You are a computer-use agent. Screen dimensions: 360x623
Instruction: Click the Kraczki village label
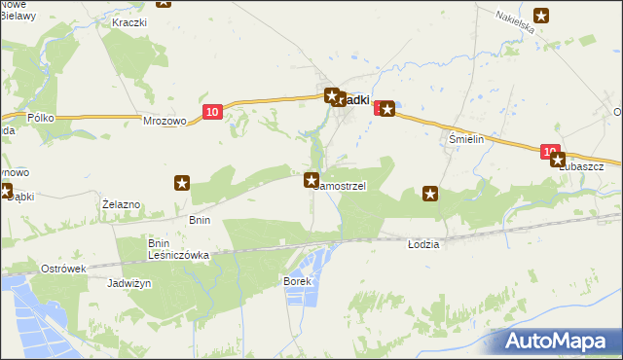pos(128,21)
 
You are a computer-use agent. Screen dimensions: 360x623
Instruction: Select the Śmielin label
pos(466,139)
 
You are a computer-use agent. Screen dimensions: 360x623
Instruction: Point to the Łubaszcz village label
pos(581,166)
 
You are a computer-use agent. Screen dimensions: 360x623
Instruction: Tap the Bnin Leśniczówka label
pos(171,249)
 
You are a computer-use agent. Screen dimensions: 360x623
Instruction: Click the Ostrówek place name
pos(64,268)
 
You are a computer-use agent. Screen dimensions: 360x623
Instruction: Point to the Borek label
pos(296,281)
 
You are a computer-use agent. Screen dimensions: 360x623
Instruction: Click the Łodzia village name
pos(423,244)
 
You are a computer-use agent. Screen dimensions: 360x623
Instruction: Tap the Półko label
pos(40,118)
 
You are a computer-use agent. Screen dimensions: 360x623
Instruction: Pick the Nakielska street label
pos(515,22)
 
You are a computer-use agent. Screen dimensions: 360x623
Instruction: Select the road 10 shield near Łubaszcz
pos(552,151)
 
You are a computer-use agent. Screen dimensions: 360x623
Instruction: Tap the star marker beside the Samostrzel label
pos(311,180)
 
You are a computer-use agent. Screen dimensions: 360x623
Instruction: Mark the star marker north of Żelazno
pos(181,182)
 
